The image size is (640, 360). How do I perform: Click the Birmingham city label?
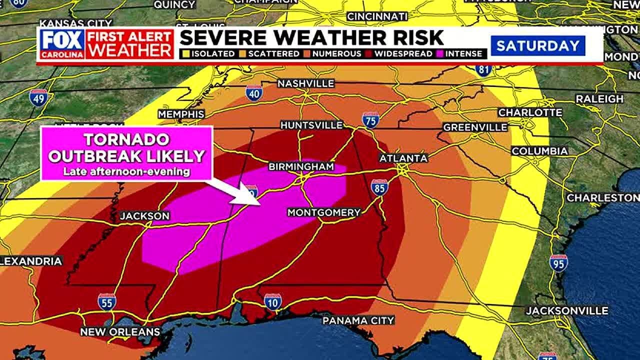tap(301, 166)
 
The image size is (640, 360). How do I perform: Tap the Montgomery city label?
tap(323, 212)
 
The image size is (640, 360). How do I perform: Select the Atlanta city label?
tap(403, 158)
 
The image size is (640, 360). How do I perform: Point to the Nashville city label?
tap(305, 83)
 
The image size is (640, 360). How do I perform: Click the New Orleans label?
tap(120, 331)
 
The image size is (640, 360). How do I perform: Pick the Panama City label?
tap(358, 320)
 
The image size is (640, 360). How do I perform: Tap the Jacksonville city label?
tap(567, 310)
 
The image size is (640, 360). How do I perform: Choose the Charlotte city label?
tap(530, 112)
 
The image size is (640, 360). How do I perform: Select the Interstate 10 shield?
tap(272, 302)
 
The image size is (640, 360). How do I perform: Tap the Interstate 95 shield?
tap(558, 263)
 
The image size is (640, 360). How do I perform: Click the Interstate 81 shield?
tap(483, 69)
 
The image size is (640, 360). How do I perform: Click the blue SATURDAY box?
tap(537, 46)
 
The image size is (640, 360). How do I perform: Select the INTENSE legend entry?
tap(460, 53)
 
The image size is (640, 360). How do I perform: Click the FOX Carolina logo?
tap(62, 44)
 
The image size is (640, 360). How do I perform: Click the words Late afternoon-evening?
tap(126, 172)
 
